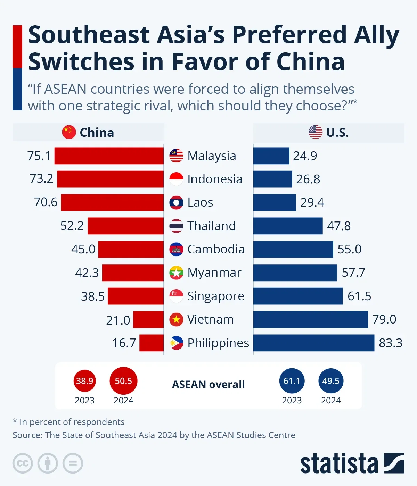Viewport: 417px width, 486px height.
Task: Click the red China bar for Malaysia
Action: point(109,156)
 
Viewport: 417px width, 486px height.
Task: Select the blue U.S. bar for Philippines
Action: point(314,343)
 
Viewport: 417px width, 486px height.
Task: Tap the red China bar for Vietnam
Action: point(148,319)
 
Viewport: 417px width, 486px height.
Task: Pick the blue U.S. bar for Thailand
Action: point(288,226)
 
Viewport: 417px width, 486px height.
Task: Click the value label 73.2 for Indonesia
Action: point(41,178)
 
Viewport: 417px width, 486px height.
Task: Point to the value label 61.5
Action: point(359,296)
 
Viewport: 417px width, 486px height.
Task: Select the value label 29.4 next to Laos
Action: point(312,202)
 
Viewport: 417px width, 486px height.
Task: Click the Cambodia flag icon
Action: point(176,249)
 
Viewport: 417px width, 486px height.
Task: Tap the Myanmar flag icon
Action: point(176,273)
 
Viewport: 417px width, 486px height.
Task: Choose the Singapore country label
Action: point(215,296)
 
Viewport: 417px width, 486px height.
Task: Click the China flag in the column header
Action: point(69,132)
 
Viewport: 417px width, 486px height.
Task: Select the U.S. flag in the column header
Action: point(315,132)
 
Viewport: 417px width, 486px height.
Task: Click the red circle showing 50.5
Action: point(123,381)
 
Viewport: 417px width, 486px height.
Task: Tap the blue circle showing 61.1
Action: point(292,381)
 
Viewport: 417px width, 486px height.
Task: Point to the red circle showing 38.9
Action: point(84,381)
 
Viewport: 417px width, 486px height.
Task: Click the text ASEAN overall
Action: point(208,385)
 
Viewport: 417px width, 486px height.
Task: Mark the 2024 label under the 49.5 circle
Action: point(331,401)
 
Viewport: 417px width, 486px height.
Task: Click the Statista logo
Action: point(352,463)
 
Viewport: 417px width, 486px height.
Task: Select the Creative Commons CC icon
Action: point(23,463)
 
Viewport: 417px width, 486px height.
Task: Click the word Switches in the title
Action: point(81,62)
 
